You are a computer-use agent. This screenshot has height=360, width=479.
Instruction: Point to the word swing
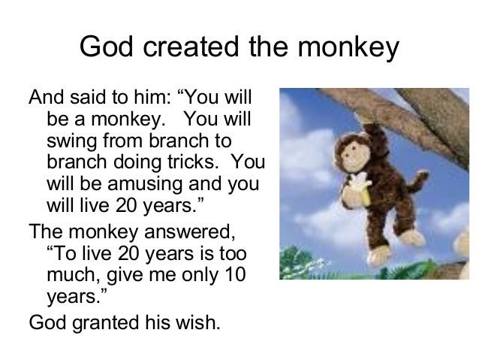tap(68, 141)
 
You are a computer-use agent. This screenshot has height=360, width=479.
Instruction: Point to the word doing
tap(142, 162)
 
